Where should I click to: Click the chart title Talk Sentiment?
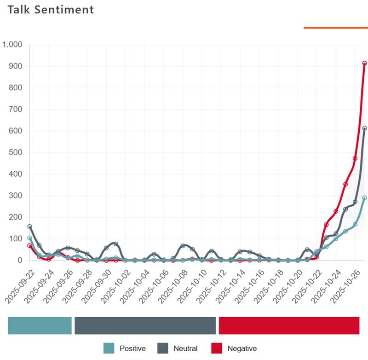pyautogui.click(x=51, y=9)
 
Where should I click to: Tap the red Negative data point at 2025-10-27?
pyautogui.click(x=364, y=64)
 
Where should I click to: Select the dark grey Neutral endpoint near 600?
pyautogui.click(x=364, y=128)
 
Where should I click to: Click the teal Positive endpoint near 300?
pyautogui.click(x=364, y=198)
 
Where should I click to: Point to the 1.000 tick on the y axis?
pyautogui.click(x=12, y=45)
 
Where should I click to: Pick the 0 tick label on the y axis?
pyautogui.click(x=20, y=261)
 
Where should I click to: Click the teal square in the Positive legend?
pyautogui.click(x=109, y=348)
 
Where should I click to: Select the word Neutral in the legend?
pyautogui.click(x=185, y=348)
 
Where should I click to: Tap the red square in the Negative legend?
pyautogui.click(x=216, y=348)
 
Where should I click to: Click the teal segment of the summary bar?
pyautogui.click(x=40, y=325)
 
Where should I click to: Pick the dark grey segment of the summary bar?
pyautogui.click(x=145, y=325)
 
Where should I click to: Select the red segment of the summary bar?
pyautogui.click(x=289, y=325)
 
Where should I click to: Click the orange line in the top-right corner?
pyautogui.click(x=335, y=28)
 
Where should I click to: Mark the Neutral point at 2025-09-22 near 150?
pyautogui.click(x=30, y=226)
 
